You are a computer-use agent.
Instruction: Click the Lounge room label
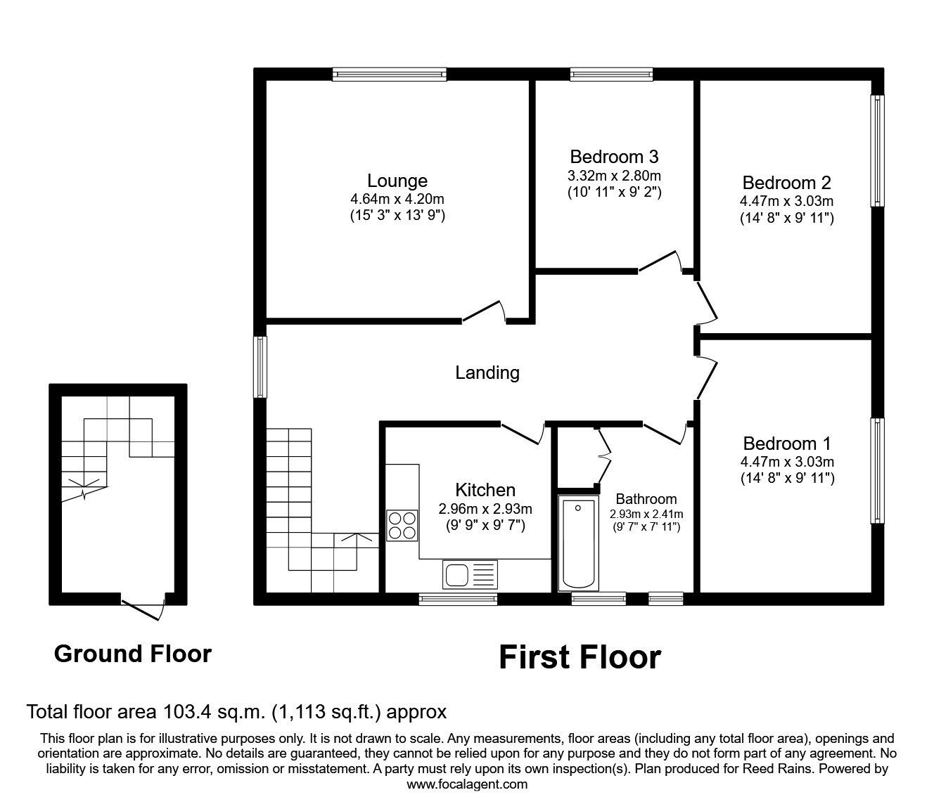(397, 181)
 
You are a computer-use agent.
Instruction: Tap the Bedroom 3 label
(614, 156)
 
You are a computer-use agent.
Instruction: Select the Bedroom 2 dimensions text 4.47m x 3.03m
(786, 201)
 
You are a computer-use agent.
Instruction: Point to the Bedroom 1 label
(786, 444)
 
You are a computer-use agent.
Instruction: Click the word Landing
(487, 373)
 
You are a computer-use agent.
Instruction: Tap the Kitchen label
(485, 490)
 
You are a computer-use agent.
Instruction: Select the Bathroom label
(646, 500)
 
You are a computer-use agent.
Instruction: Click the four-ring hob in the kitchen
(402, 524)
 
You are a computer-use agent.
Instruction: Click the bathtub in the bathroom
(578, 544)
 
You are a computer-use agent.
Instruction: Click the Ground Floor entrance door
(143, 607)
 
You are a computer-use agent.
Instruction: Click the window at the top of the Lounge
(389, 74)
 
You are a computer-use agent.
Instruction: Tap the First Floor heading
(580, 658)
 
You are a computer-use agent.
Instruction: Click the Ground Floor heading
(132, 654)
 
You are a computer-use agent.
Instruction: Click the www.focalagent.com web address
(467, 784)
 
